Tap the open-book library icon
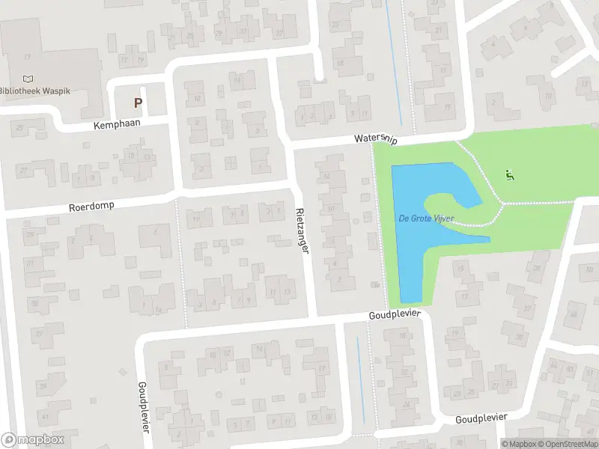[x=28, y=79]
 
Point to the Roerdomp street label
[x=91, y=206]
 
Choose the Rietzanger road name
[x=302, y=230]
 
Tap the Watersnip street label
[x=376, y=139]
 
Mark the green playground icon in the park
[x=510, y=177]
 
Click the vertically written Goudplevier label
[x=143, y=406]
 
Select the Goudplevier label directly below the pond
[x=395, y=316]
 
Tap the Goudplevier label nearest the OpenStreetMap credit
[x=481, y=418]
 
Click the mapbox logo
[x=33, y=440]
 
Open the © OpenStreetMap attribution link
[x=568, y=444]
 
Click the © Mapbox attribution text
[x=520, y=444]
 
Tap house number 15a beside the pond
[x=375, y=285]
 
